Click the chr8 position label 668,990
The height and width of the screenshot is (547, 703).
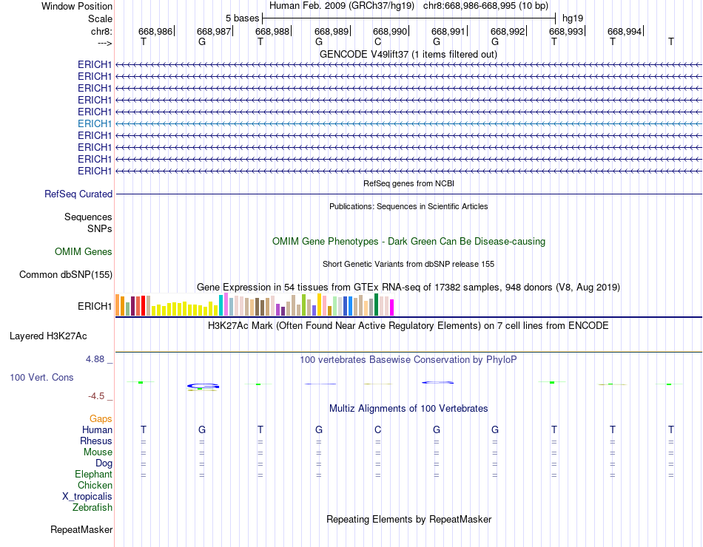pyautogui.click(x=390, y=31)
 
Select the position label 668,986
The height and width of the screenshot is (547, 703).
pyautogui.click(x=155, y=31)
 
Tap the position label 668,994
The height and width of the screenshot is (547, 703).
pyautogui.click(x=625, y=31)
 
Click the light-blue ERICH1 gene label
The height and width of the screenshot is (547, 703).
pyautogui.click(x=95, y=123)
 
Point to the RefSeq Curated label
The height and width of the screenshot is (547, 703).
pyautogui.click(x=78, y=194)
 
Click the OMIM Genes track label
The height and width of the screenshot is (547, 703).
pyautogui.click(x=84, y=252)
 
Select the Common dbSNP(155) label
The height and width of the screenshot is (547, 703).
pyautogui.click(x=66, y=275)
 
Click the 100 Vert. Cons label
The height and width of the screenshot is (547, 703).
pyautogui.click(x=41, y=378)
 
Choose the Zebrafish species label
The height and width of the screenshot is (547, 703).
pyautogui.click(x=92, y=508)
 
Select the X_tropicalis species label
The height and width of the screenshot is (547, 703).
pyautogui.click(x=87, y=497)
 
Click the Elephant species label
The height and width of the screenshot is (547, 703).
pyautogui.click(x=93, y=475)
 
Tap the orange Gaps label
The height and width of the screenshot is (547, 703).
pyautogui.click(x=101, y=419)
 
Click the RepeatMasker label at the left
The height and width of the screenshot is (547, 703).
pyautogui.click(x=81, y=530)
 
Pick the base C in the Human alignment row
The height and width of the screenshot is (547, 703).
pyautogui.click(x=377, y=429)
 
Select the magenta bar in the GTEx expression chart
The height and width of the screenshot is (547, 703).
pyautogui.click(x=391, y=308)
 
